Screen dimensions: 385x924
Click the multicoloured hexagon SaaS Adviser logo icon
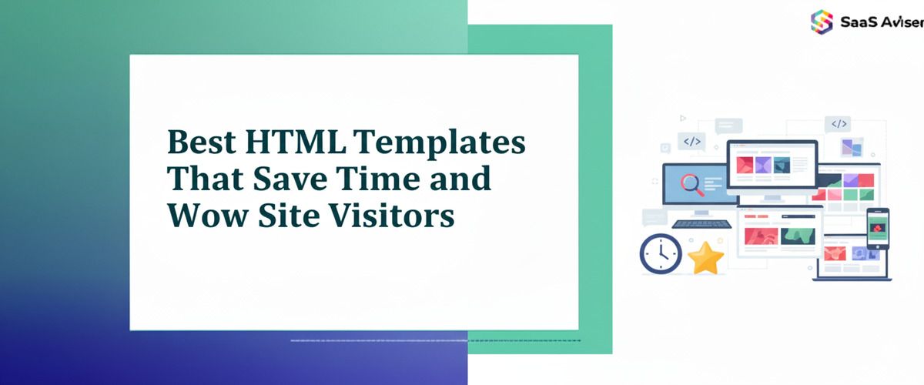point(822,21)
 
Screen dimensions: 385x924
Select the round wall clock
point(661,254)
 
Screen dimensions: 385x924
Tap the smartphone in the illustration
point(877,228)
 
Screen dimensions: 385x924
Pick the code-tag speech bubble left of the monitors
point(691,141)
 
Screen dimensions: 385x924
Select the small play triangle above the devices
point(682,119)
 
